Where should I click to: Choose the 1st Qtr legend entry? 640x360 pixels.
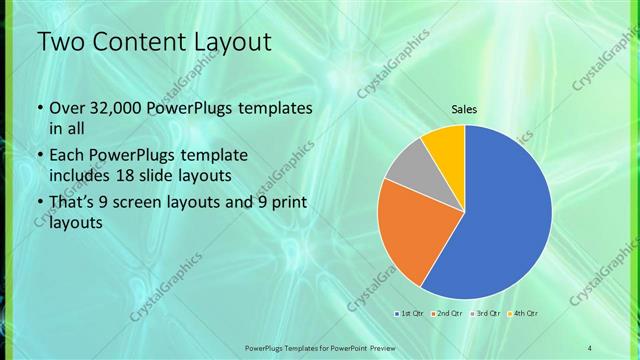click(x=409, y=314)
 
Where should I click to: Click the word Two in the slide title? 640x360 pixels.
click(x=60, y=43)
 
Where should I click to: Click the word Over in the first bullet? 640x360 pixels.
click(x=67, y=108)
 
